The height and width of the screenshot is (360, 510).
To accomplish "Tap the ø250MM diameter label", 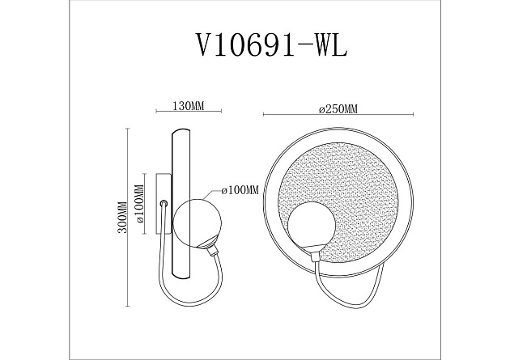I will [338, 108].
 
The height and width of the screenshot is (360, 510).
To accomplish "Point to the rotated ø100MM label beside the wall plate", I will [138, 206].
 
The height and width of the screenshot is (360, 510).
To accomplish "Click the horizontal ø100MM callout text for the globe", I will [240, 190].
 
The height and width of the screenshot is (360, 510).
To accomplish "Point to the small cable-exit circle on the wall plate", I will [164, 205].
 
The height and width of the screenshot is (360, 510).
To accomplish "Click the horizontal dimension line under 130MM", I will [181, 114].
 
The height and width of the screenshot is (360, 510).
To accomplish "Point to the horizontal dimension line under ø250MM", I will [339, 116].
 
